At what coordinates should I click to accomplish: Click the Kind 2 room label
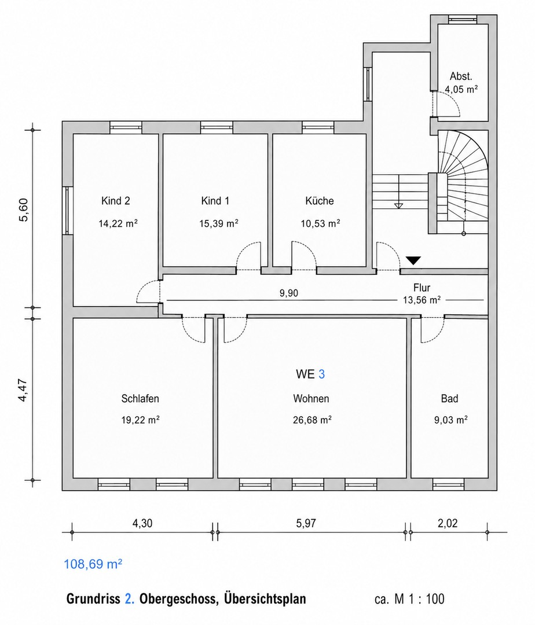tap(116, 201)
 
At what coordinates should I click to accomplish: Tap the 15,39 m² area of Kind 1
tap(219, 223)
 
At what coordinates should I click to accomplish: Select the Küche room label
tap(320, 201)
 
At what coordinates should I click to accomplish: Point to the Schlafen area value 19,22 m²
tap(140, 420)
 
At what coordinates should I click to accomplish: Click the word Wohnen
tap(311, 399)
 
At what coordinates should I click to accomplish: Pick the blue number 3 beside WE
tap(322, 374)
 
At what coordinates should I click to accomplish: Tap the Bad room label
tap(449, 399)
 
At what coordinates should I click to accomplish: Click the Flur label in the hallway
tap(422, 288)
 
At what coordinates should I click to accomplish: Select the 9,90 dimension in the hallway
tap(288, 293)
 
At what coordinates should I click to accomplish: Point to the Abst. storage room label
tap(461, 76)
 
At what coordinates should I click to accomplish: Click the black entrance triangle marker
tap(413, 260)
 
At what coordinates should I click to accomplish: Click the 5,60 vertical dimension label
tap(24, 209)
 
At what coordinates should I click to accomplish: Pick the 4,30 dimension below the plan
tap(142, 523)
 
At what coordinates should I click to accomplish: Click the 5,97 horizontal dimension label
tap(306, 523)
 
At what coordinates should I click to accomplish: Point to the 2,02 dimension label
tap(448, 523)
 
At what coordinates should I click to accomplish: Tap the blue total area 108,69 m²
tap(93, 564)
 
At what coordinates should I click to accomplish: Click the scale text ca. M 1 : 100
tap(409, 599)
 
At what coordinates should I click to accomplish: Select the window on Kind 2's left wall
tap(67, 211)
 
